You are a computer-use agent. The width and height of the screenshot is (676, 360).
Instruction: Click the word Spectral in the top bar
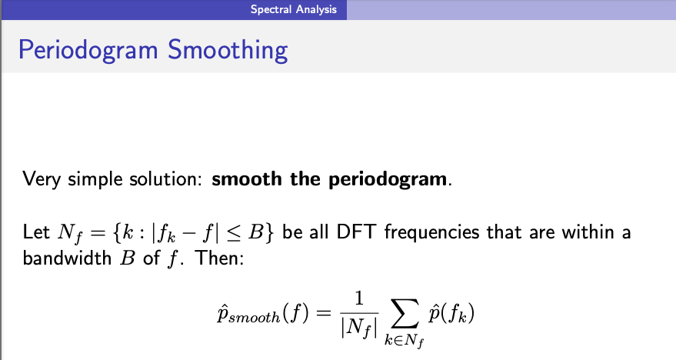coord(271,9)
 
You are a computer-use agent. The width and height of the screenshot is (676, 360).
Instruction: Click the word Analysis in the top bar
coord(316,9)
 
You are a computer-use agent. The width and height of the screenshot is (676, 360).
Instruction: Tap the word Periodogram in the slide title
coord(88,50)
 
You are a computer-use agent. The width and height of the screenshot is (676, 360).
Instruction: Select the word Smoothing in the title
coord(228,50)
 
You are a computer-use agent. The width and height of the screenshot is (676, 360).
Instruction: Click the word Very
coord(42,179)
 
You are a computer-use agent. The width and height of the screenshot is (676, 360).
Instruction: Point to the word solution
coord(165,178)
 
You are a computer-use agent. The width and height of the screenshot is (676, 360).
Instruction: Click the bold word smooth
coord(247,178)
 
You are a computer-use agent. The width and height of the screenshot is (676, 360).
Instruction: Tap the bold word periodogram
coord(388,179)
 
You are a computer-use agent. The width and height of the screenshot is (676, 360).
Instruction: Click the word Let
coord(36,232)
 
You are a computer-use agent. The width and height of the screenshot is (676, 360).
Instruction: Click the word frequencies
coord(431,233)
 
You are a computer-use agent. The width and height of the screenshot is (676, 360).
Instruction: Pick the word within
coord(588,232)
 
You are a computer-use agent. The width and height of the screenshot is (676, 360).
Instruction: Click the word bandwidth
coord(67,258)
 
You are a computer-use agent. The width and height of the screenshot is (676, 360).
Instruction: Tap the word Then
coord(219,258)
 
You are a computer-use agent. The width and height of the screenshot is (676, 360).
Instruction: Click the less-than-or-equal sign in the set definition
coord(234,233)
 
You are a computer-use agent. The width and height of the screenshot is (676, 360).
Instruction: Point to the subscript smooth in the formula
coord(254,318)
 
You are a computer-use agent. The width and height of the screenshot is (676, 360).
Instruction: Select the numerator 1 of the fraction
coord(358,298)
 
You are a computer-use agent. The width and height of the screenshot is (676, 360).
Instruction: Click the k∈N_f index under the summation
coord(404,341)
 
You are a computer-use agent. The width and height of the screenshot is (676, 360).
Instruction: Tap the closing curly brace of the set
coord(269,233)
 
